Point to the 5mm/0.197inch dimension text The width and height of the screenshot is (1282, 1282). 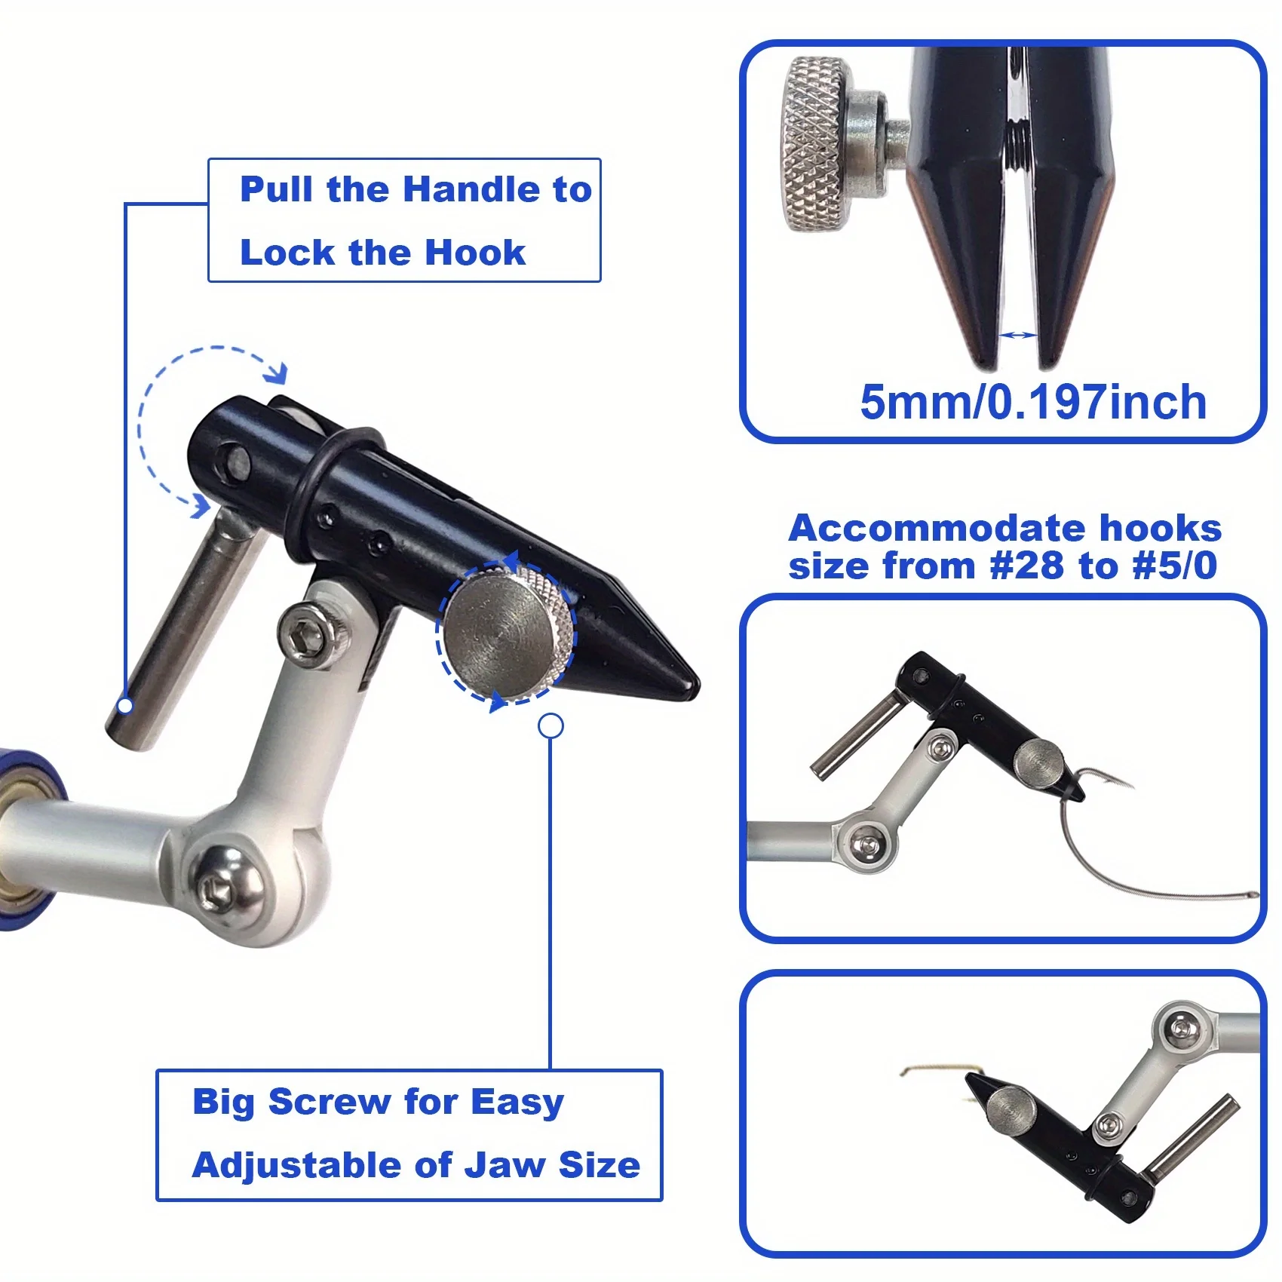pos(1033,402)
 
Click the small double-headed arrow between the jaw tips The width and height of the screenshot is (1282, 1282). pos(1017,335)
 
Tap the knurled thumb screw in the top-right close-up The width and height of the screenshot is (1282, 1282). pos(814,143)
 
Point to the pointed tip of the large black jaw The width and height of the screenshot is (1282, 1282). pos(690,685)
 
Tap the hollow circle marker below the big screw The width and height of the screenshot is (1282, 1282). pos(551,726)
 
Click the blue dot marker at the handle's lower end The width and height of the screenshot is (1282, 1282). pos(126,706)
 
